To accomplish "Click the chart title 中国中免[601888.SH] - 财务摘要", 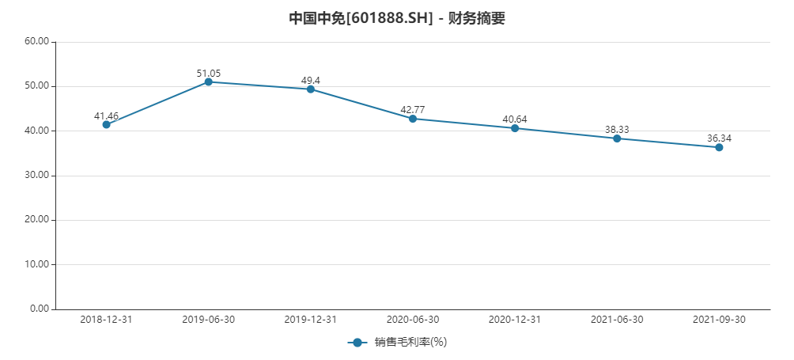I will (397, 18).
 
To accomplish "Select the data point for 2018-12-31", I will (107, 124).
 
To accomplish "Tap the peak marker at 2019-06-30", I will (209, 81).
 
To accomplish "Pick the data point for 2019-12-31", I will (311, 89).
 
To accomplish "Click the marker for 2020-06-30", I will (413, 119).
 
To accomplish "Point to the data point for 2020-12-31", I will (515, 128).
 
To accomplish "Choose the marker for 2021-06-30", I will (617, 138).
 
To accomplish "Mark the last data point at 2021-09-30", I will (719, 147).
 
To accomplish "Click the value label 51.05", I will (209, 73).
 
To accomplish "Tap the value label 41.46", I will (107, 116).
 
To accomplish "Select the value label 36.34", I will (719, 138).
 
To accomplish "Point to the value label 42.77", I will (413, 109).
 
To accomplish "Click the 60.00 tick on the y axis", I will (37, 42).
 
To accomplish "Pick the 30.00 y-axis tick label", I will (37, 176).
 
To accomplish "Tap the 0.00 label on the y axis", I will (40, 309).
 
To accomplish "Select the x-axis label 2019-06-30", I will (209, 320).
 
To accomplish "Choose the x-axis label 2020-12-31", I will (515, 320).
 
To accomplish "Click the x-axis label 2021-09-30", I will (719, 320).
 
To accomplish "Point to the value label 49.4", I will (311, 80).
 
